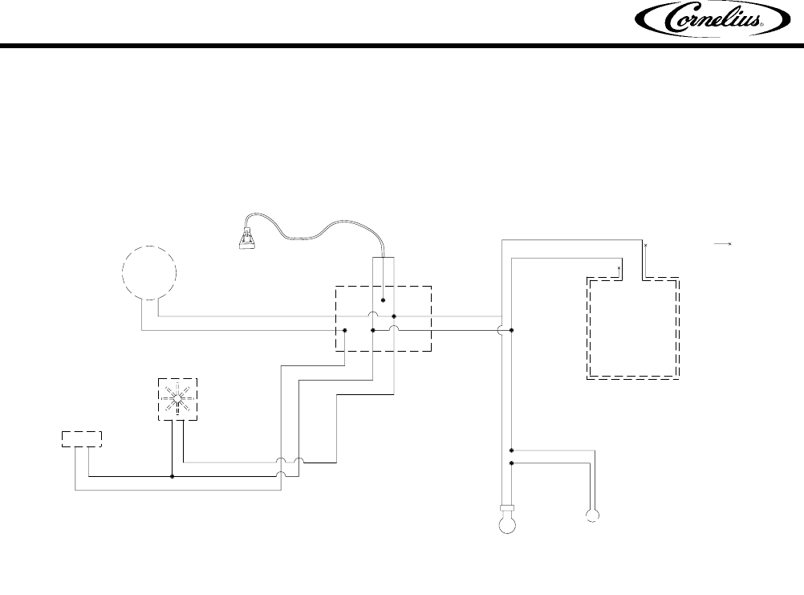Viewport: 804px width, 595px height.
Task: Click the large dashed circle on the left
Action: pos(149,273)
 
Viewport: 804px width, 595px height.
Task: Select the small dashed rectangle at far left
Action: pos(82,438)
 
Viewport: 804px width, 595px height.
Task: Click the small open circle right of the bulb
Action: pos(592,516)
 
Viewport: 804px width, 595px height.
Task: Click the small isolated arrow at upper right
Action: pos(725,242)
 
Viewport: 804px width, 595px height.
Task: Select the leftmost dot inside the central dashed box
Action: pos(345,330)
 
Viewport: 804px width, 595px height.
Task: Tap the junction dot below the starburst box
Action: pos(173,476)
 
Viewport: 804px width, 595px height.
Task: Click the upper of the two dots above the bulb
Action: pos(512,451)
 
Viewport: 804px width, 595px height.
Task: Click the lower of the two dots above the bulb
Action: pos(512,463)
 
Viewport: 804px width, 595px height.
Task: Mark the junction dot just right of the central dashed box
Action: pos(512,330)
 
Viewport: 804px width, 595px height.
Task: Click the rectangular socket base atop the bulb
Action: pos(507,507)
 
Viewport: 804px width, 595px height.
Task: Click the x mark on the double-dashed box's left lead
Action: pos(619,267)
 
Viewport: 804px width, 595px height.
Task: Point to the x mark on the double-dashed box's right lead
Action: pos(644,243)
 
